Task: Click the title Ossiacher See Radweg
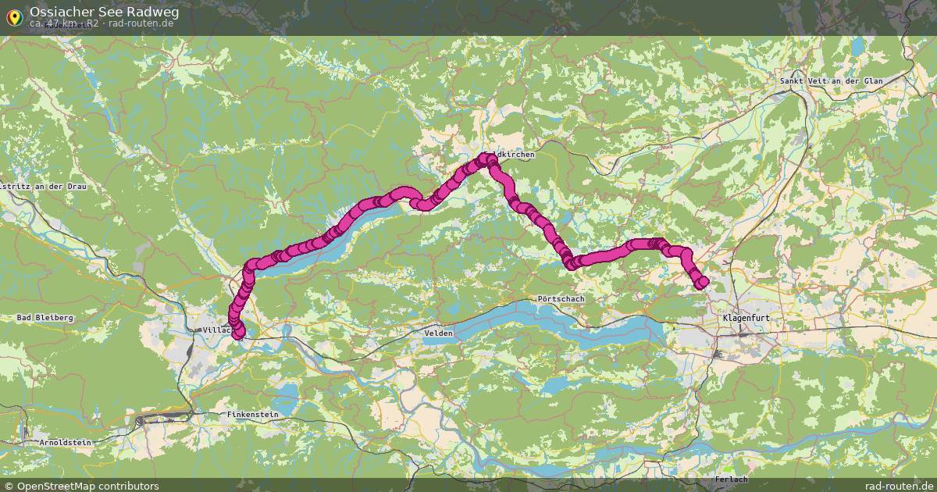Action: pos(104,12)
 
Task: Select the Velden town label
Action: pos(438,333)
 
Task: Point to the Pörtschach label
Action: pos(561,299)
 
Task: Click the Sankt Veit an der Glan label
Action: pos(842,81)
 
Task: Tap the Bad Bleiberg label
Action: pos(45,318)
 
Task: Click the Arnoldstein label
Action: pos(66,442)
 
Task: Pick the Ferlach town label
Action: pos(730,479)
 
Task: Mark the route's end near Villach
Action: pos(238,333)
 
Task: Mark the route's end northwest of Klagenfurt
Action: pos(702,282)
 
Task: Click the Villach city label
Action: pos(216,330)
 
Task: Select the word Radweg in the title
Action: pos(151,12)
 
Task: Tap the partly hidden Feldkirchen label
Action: pos(515,155)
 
